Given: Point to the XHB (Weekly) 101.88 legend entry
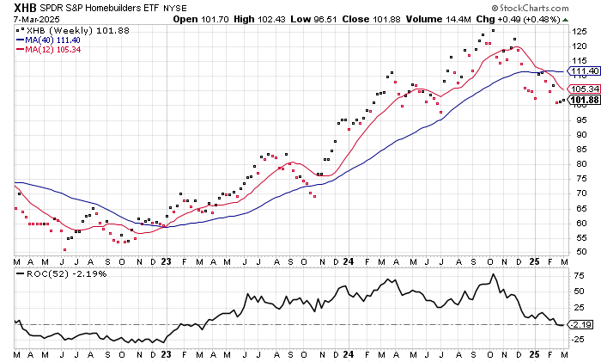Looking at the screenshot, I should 60,29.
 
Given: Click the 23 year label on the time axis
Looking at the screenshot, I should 167,261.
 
